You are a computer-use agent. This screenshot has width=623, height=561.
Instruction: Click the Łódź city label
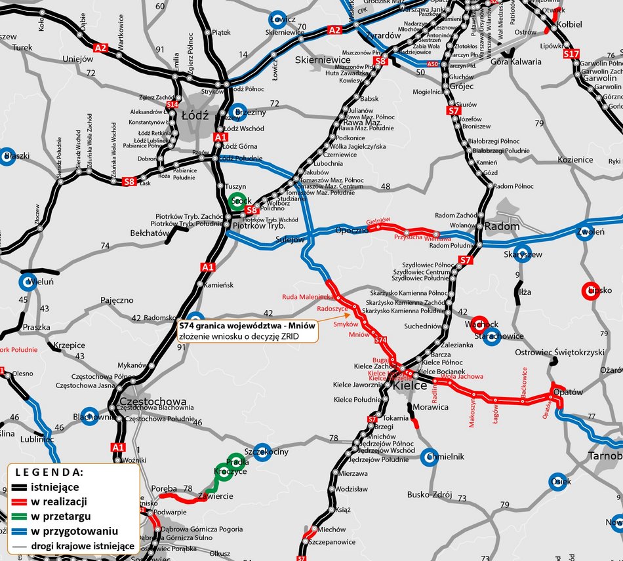point(194,116)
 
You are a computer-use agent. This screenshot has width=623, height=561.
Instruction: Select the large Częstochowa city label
point(153,401)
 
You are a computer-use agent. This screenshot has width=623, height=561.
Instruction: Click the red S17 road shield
point(572,54)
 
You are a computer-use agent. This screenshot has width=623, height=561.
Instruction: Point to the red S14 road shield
point(172,104)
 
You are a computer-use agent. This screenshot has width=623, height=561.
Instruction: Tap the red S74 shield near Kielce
point(381,339)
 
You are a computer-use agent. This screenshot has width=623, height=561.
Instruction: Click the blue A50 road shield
point(432,64)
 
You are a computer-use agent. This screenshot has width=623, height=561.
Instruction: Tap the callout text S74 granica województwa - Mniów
point(247,325)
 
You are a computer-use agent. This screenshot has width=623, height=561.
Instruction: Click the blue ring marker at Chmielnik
point(428,457)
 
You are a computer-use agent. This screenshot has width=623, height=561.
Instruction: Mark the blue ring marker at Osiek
point(557,482)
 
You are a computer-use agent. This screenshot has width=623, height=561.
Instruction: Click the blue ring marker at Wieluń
point(28,282)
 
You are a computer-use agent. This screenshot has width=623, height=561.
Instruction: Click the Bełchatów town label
point(150,233)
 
